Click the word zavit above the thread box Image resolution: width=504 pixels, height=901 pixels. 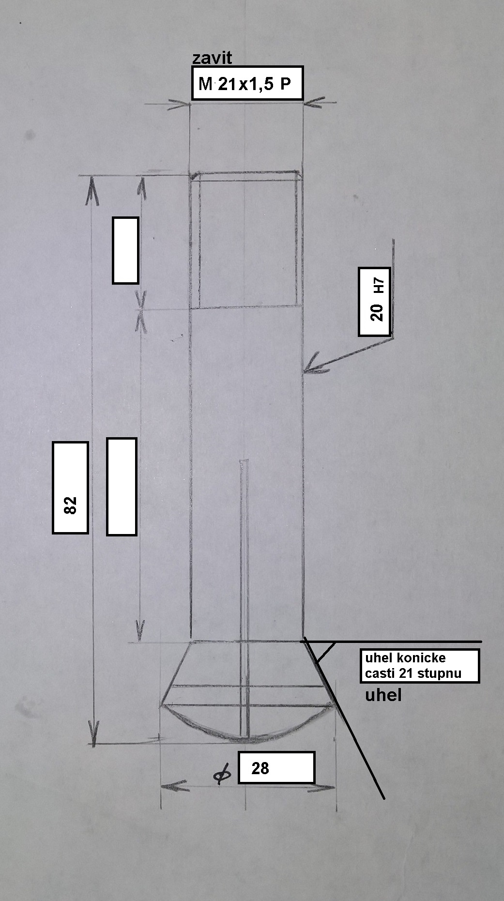click(x=212, y=58)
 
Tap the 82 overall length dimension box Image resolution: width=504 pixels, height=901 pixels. click(x=70, y=488)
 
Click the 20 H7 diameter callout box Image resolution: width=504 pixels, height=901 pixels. click(x=374, y=301)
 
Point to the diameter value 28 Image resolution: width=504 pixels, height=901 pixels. click(x=260, y=768)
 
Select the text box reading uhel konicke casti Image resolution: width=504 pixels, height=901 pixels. click(x=420, y=666)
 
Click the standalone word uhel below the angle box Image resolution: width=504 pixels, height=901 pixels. click(x=383, y=696)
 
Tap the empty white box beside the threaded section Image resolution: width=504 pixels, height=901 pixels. click(x=125, y=250)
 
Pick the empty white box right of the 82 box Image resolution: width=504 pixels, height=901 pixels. click(x=122, y=487)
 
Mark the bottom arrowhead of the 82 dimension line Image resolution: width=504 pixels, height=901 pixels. click(x=93, y=733)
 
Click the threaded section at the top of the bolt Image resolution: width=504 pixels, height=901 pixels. click(x=246, y=240)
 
